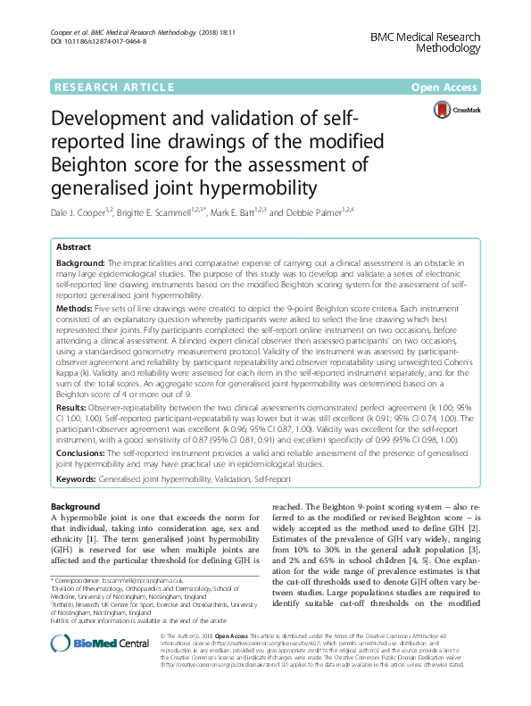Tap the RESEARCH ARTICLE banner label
click(113, 87)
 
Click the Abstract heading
click(74, 246)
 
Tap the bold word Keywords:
click(76, 479)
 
